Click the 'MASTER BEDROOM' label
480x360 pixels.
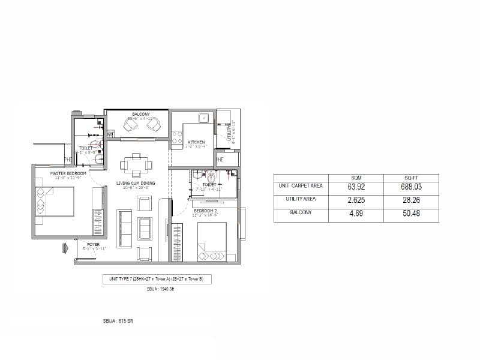68,173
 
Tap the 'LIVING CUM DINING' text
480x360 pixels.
136,183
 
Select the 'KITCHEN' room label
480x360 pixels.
196,142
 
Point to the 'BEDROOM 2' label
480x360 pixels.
205,209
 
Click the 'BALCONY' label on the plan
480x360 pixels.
141,114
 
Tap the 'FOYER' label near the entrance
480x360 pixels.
94,244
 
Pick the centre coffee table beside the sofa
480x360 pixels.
145,229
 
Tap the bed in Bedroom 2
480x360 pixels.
212,242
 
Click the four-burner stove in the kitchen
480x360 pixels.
177,137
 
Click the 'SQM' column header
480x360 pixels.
358,178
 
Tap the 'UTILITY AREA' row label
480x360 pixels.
301,199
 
